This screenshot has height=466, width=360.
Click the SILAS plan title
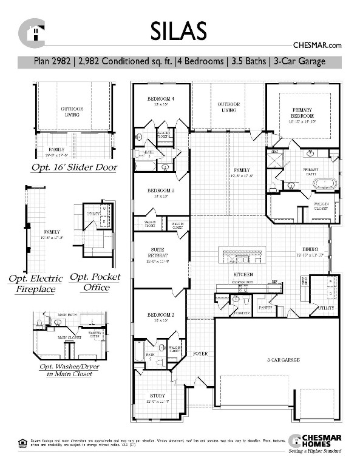tap(180, 30)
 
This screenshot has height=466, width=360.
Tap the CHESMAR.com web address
tap(318, 45)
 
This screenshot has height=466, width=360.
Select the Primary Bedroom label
tap(301, 112)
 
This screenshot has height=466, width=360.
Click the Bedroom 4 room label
tap(161, 100)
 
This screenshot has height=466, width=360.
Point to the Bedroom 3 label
tap(161, 191)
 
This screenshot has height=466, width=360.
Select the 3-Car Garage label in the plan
tap(284, 360)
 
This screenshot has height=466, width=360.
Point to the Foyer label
tap(200, 354)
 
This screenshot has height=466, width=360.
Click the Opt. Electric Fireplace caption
tap(35, 283)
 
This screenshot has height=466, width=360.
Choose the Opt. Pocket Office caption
tap(95, 282)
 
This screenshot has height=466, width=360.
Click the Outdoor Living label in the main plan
tap(228, 107)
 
